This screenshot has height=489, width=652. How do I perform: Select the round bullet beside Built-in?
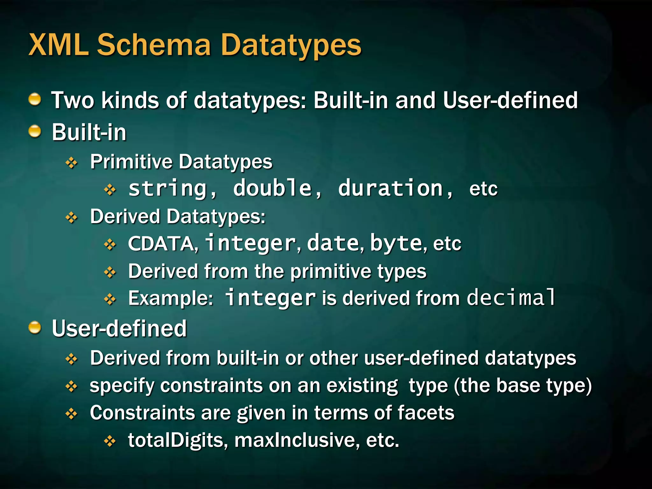pyautogui.click(x=35, y=131)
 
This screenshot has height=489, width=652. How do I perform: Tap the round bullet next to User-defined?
pyautogui.click(x=35, y=327)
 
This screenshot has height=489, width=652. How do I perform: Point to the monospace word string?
pyautogui.click(x=168, y=188)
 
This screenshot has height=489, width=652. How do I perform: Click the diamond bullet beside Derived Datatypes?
pyautogui.click(x=72, y=218)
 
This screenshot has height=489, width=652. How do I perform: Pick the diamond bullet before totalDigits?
pyautogui.click(x=110, y=441)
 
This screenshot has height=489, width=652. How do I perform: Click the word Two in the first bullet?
pyautogui.click(x=73, y=100)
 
